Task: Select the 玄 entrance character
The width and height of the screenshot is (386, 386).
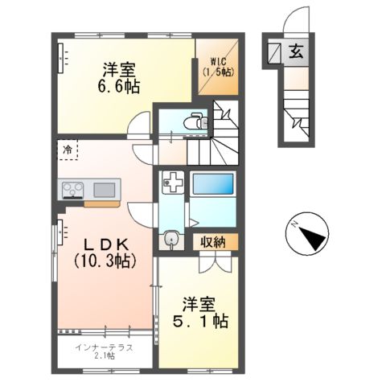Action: [x=296, y=54]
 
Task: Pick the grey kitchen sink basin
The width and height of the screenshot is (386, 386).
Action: [x=105, y=190]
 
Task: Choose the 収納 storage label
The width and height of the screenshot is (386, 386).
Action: [x=213, y=241]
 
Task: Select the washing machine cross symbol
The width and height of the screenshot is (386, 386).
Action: [x=172, y=182]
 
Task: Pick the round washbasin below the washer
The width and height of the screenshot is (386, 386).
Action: [x=171, y=239]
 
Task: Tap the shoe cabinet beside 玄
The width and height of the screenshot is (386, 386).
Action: [x=275, y=53]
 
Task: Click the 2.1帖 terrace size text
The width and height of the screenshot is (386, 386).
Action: [x=105, y=356]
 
